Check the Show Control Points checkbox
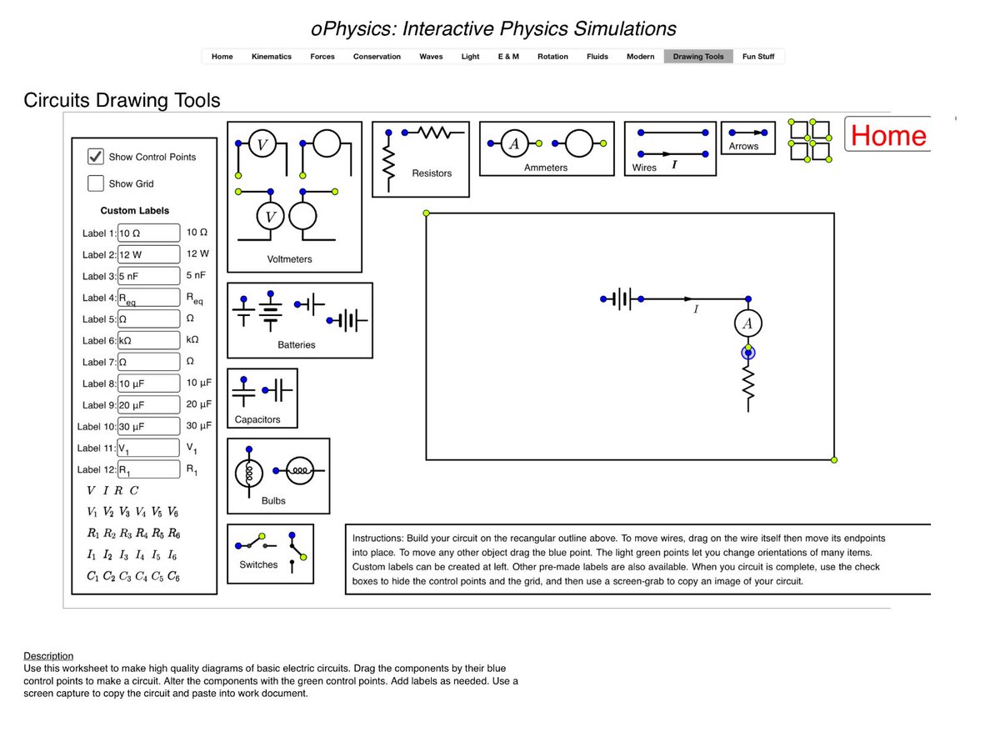96,157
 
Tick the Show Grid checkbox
96,183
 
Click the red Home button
888,135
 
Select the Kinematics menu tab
272,57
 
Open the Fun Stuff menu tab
758,57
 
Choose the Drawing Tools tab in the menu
698,57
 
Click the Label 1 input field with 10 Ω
149,233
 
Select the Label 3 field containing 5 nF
149,276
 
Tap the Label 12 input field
149,469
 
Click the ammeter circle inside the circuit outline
748,323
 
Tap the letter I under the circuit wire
696,309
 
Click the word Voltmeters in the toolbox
289,259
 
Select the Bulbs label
273,501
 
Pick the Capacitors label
257,419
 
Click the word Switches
258,564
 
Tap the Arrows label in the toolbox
743,146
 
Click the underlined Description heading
48,656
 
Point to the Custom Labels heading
135,211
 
